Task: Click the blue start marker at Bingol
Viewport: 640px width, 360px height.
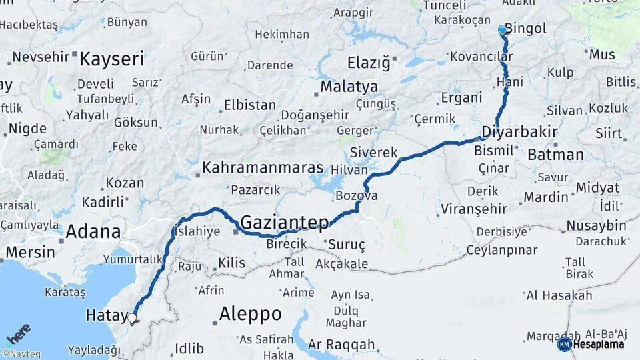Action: coord(503,30)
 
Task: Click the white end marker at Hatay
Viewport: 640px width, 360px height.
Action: coord(132,318)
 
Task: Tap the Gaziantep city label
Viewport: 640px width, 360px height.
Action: coord(285,221)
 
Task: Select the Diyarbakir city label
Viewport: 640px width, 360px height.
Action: coord(519,131)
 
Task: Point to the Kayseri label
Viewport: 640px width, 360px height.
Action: coord(111,59)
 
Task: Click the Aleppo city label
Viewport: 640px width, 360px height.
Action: coord(250,313)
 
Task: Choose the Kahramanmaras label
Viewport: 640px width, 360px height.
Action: coord(263,167)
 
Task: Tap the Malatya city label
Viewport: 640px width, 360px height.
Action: coord(349,87)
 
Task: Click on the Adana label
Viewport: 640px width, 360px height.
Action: coord(93,232)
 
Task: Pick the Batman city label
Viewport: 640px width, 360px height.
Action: coord(555,155)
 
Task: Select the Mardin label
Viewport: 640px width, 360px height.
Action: coord(545,197)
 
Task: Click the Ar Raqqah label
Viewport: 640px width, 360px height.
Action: coord(341,345)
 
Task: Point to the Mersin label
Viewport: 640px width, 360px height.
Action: coord(31,253)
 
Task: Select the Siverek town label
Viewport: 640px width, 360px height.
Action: coord(373,152)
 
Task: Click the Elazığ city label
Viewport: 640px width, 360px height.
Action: coord(368,63)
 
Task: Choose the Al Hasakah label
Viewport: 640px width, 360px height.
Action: coord(559,295)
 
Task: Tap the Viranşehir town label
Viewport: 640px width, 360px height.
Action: coord(473,209)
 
